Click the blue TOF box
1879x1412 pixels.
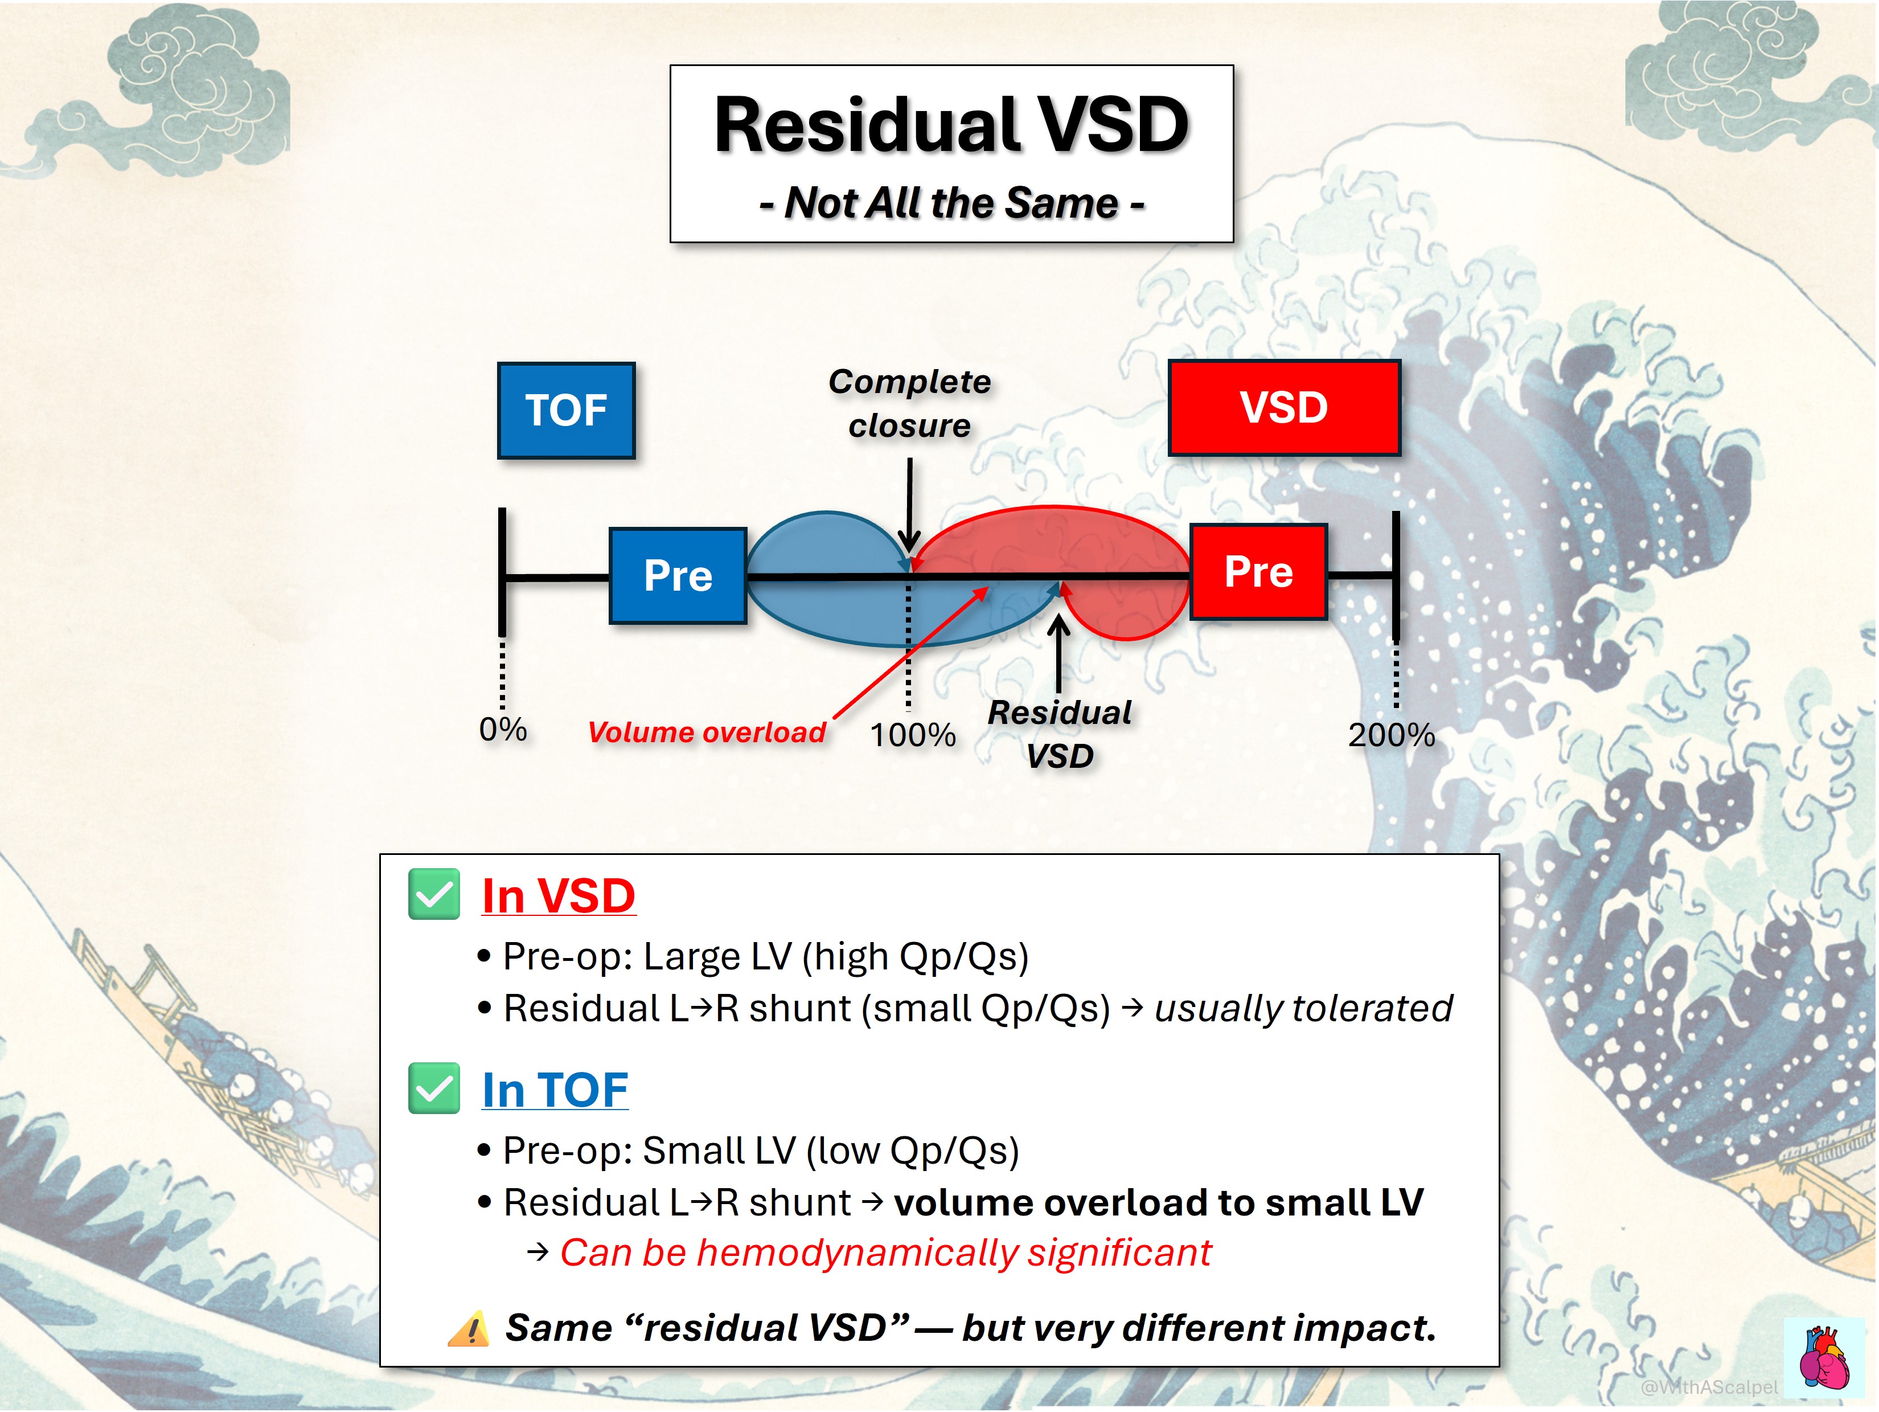(x=567, y=410)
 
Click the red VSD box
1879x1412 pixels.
(x=1285, y=407)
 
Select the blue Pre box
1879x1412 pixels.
(x=678, y=575)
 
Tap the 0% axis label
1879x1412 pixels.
(x=503, y=729)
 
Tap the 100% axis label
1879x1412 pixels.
(x=912, y=735)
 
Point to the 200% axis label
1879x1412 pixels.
(x=1392, y=735)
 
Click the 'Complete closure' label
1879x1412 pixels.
(x=910, y=403)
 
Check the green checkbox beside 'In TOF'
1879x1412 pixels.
(x=434, y=1088)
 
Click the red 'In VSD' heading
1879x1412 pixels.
(x=558, y=897)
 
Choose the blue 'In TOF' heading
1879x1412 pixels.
(x=555, y=1090)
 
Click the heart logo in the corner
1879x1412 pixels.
(x=1825, y=1358)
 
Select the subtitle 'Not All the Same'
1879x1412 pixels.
(x=951, y=203)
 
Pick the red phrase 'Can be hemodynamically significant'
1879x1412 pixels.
(x=885, y=1253)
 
